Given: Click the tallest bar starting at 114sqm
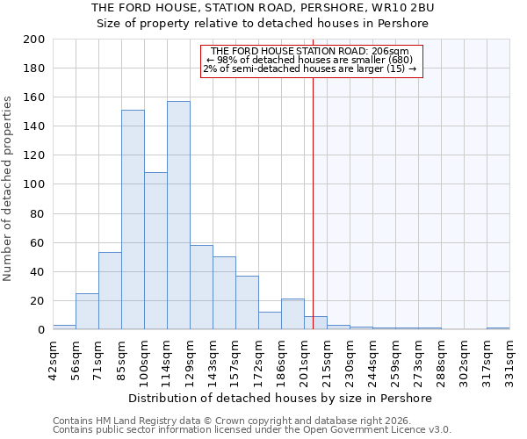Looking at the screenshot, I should click(178, 215).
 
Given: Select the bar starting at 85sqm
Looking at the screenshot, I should click(133, 219).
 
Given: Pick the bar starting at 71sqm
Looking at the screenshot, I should click(110, 291).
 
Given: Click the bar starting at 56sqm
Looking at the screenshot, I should click(87, 311).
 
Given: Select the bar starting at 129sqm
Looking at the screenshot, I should click(201, 287).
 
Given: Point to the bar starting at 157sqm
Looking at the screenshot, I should click(247, 302).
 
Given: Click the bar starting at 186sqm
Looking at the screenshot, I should click(292, 314).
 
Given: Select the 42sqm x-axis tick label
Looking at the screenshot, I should click(53, 355).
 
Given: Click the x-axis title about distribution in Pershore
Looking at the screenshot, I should click(280, 398).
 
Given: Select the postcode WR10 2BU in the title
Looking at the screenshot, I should click(404, 7).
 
